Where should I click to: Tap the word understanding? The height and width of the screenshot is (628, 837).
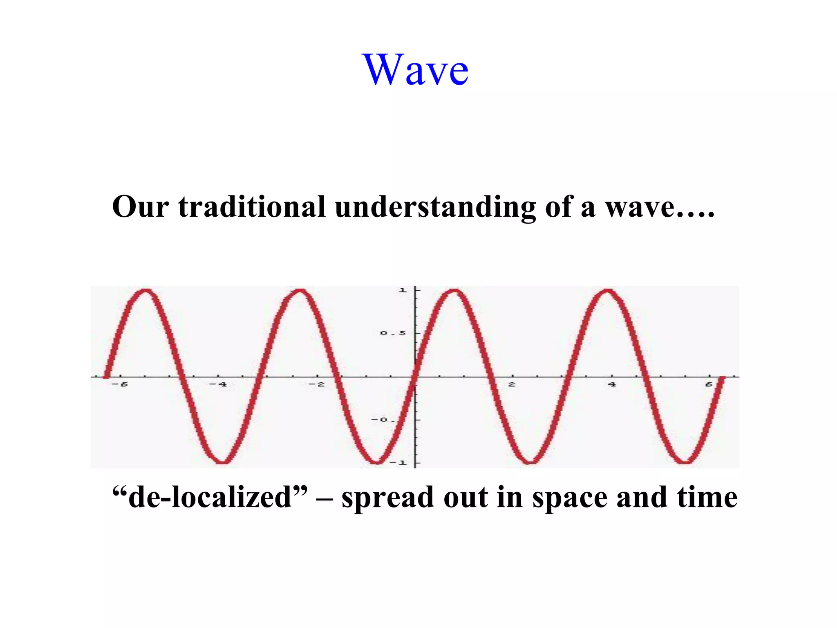coord(435,207)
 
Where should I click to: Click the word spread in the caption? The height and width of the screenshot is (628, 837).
coord(387,498)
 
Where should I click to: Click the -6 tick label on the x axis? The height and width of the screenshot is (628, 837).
coord(120,384)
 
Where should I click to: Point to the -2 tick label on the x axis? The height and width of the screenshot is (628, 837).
coord(316,384)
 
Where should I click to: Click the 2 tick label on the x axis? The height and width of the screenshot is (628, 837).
coord(512,384)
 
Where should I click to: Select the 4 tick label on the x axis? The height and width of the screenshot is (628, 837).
coord(611,384)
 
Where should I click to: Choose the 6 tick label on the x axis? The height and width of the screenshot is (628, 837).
coord(709,384)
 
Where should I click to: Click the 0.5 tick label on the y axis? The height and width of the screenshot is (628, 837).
coord(393,333)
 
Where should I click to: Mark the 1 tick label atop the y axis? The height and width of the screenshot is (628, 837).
coord(403,290)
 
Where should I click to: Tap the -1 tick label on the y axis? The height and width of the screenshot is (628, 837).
coord(398,463)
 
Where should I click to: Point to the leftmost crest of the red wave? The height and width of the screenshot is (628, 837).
coord(146,291)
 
